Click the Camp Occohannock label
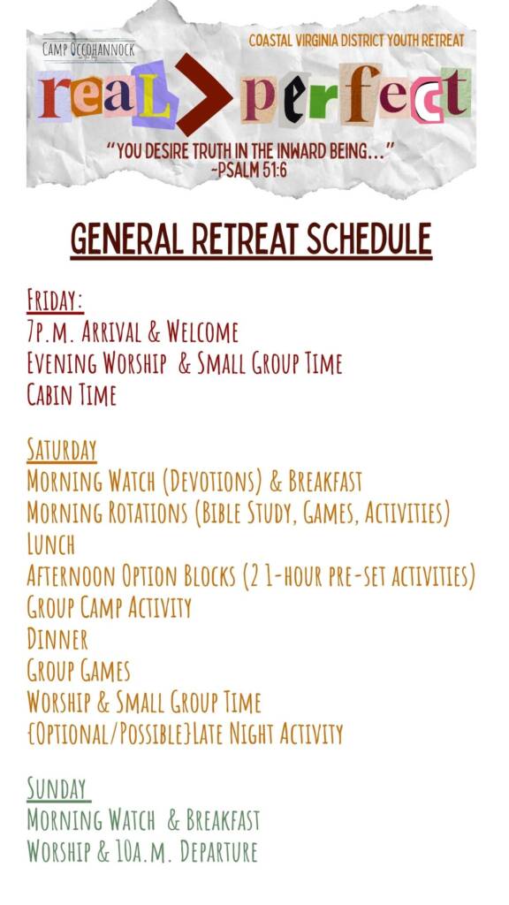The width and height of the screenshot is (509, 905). (88, 50)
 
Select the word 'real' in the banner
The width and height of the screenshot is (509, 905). (106, 95)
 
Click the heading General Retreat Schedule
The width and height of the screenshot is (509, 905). (251, 240)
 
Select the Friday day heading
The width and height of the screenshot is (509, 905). (55, 300)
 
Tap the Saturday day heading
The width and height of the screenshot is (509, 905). (61, 450)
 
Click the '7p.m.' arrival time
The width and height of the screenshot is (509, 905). (48, 332)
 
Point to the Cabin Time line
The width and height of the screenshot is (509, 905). (72, 395)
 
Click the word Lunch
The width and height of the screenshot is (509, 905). (50, 544)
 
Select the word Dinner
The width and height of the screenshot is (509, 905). (57, 640)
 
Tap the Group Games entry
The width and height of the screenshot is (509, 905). (78, 672)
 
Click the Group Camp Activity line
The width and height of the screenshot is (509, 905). (109, 608)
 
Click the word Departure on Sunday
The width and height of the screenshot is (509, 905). (219, 852)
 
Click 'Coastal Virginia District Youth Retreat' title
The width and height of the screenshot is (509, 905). (356, 41)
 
